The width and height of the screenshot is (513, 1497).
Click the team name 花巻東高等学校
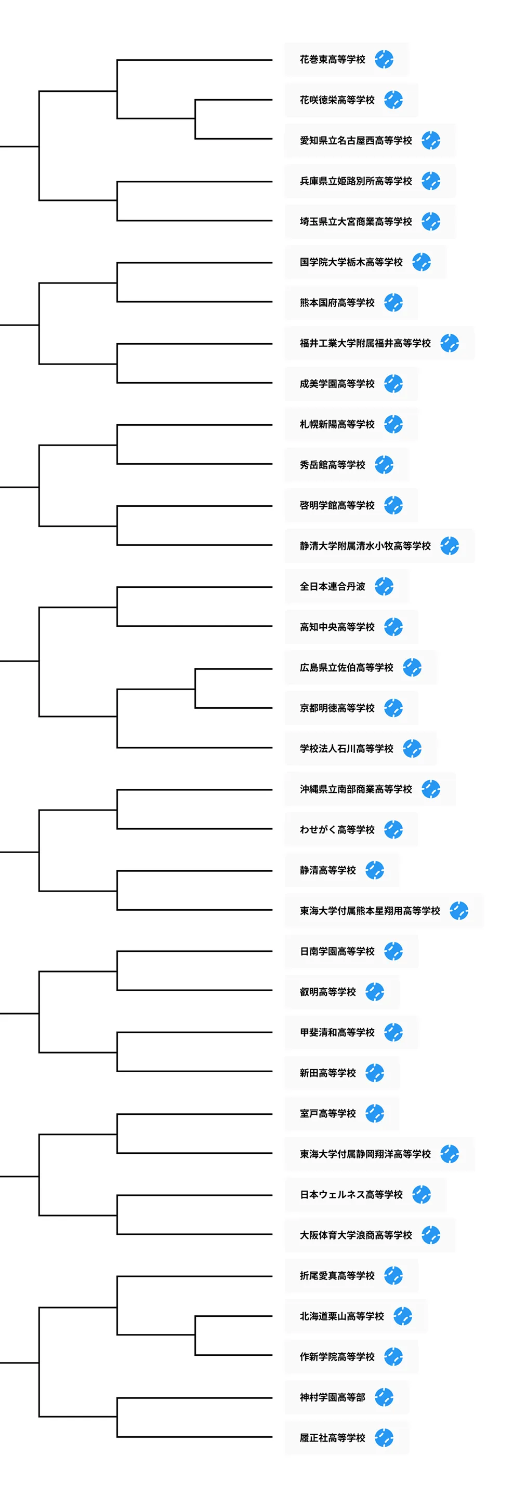click(x=332, y=59)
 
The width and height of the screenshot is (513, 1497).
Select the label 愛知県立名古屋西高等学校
click(x=356, y=141)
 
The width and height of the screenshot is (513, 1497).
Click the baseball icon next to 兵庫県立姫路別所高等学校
click(x=430, y=181)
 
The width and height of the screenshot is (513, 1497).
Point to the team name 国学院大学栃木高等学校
click(x=351, y=262)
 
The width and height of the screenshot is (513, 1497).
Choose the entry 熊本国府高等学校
click(x=337, y=303)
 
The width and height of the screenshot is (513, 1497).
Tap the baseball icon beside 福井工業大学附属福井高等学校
click(x=449, y=343)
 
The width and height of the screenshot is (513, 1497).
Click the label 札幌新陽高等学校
click(x=337, y=424)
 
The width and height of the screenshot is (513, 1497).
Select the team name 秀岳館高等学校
click(x=332, y=465)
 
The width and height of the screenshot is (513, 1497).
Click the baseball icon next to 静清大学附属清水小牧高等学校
click(x=449, y=546)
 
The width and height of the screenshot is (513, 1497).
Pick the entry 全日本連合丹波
click(x=332, y=586)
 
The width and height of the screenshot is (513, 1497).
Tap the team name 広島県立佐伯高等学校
click(x=346, y=668)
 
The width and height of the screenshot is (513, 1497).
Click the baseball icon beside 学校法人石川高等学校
click(x=412, y=749)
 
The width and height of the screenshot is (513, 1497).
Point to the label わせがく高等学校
click(x=337, y=830)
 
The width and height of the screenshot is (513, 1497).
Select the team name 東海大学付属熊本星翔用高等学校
click(x=370, y=911)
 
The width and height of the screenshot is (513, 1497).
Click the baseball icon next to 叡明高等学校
click(x=375, y=992)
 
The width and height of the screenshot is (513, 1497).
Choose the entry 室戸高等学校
click(x=327, y=1113)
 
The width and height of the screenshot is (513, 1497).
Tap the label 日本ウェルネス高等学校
click(x=351, y=1195)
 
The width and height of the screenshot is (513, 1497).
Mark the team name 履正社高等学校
click(x=332, y=1438)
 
